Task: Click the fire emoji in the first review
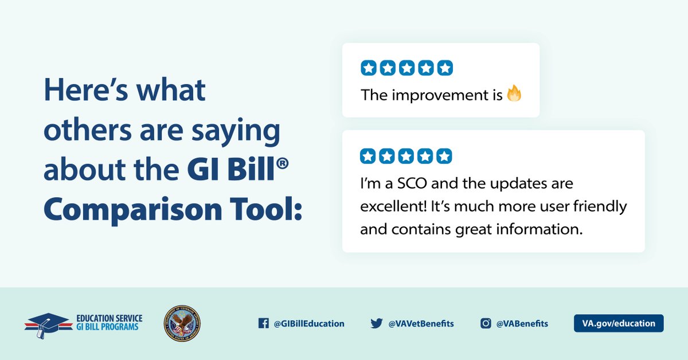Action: coord(514,93)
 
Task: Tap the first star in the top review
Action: coord(368,68)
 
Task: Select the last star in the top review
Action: coord(445,68)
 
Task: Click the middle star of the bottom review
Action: coord(406,156)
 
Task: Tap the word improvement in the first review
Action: coord(440,95)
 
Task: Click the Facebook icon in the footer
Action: coord(264,323)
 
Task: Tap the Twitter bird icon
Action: coord(376,323)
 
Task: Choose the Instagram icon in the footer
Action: coord(486,323)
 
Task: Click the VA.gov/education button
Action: coord(619,323)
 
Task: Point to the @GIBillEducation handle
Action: coord(309,323)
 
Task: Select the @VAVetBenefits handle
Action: coord(421,323)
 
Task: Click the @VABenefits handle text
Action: coord(522,323)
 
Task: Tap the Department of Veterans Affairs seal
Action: coord(182,323)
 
